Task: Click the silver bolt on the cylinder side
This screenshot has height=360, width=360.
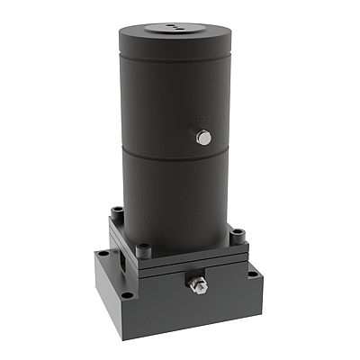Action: tap(204, 138)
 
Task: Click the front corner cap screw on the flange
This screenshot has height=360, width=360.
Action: tap(142, 249)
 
